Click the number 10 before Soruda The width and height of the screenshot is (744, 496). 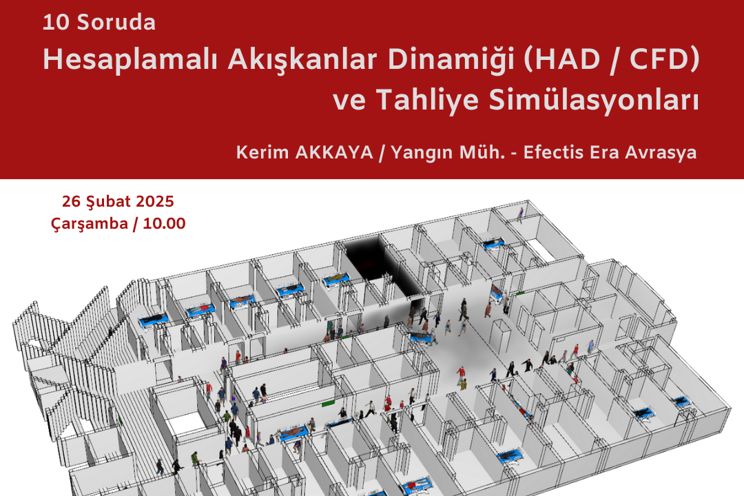pyautogui.click(x=56, y=22)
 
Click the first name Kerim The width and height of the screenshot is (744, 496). pyautogui.click(x=262, y=152)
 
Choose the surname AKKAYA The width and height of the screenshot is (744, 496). pyautogui.click(x=334, y=152)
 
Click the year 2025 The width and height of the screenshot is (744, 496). pyautogui.click(x=155, y=201)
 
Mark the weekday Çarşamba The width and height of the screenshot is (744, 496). pyautogui.click(x=89, y=224)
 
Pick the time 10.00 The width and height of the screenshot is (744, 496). pyautogui.click(x=164, y=224)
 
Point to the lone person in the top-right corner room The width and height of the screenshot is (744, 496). pyautogui.click(x=520, y=215)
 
